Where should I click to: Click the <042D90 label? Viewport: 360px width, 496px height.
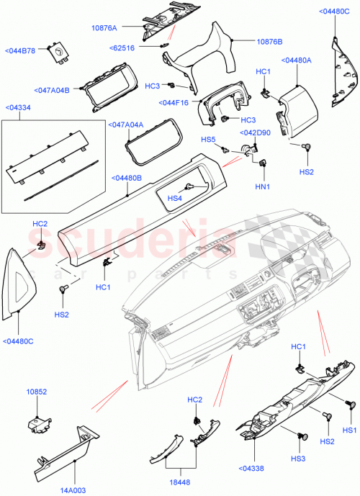[256, 132]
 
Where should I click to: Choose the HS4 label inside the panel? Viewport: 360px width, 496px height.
[174, 198]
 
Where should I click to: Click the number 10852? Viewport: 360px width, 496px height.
[37, 392]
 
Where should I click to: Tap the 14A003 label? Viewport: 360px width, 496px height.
[71, 490]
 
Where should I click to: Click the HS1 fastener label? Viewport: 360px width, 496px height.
[350, 430]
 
